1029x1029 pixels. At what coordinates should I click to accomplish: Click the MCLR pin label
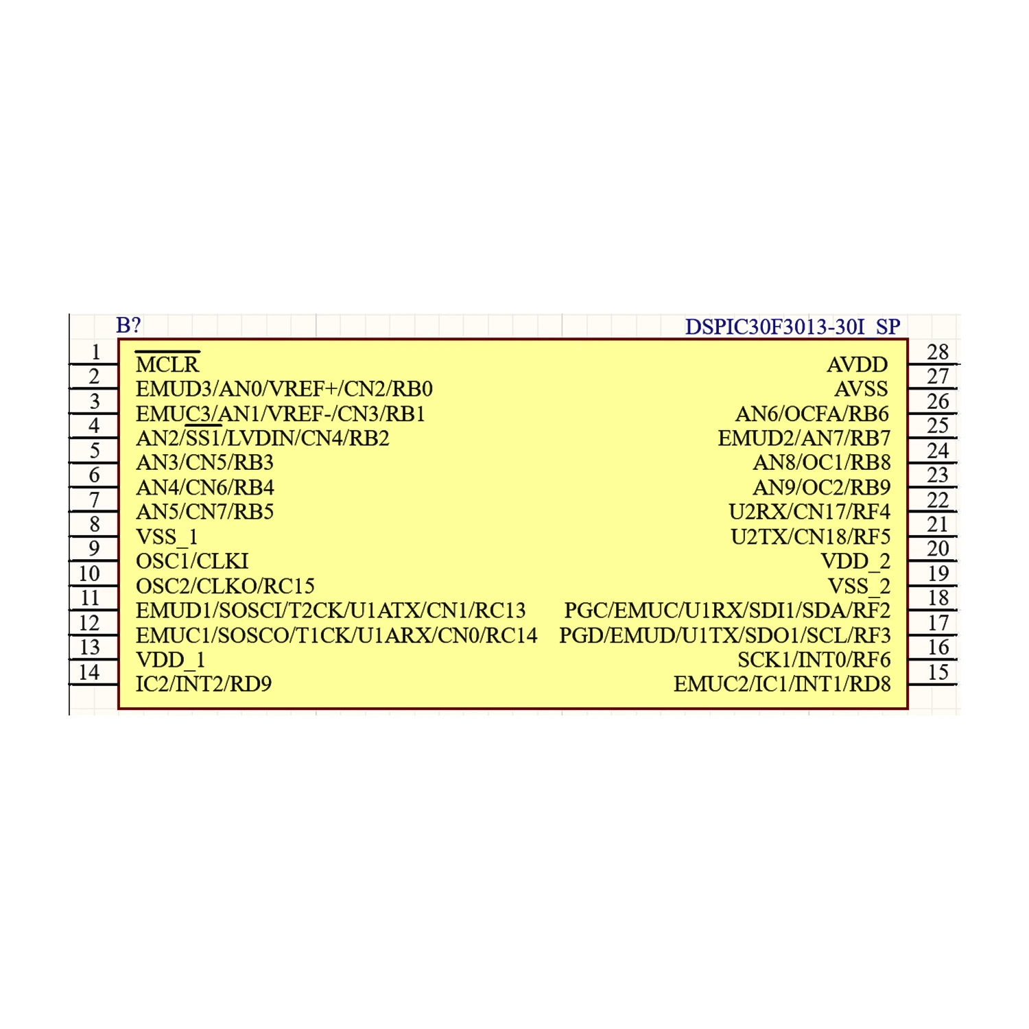pos(167,364)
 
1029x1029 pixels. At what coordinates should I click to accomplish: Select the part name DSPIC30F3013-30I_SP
pos(792,327)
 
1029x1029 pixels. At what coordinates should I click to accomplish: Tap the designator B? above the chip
pos(128,325)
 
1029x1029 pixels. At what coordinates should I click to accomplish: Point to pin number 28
pos(937,352)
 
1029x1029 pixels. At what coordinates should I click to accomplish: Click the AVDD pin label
pos(857,364)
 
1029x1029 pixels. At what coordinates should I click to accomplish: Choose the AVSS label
pos(861,389)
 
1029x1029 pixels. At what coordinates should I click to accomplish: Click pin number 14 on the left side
pos(89,672)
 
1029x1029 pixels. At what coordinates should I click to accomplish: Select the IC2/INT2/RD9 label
pos(204,684)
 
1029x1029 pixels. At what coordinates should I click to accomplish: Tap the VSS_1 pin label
pos(167,536)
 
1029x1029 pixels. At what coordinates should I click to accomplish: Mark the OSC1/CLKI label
pos(192,561)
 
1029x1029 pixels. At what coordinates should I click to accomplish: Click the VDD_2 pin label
pos(855,561)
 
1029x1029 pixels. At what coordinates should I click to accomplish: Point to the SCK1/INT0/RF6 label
pos(814,660)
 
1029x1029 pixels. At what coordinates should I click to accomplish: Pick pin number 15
pos(937,672)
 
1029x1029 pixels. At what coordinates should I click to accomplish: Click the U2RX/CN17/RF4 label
pos(809,512)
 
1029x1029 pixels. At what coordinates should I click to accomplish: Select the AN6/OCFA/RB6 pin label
pos(812,414)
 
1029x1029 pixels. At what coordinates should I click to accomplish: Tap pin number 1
pos(95,352)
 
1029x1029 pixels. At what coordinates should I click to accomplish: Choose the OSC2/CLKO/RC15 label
pos(225,586)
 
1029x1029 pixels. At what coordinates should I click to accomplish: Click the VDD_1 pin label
pos(171,660)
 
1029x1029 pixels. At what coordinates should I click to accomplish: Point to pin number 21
pos(937,524)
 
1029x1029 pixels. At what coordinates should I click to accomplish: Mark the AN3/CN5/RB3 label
pos(204,462)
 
